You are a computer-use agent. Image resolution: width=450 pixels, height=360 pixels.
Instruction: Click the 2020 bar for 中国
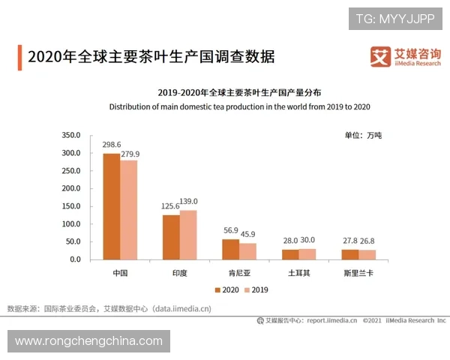point(111,206)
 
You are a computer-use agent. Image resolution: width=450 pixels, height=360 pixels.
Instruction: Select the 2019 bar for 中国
point(129,210)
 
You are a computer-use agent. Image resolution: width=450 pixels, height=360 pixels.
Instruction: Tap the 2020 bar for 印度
point(171,237)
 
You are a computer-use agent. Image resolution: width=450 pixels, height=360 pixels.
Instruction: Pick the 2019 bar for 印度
point(188,235)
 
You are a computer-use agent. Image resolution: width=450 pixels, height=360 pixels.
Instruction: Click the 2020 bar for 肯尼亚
point(230,249)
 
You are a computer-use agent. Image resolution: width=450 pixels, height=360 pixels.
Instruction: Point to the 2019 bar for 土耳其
point(307,254)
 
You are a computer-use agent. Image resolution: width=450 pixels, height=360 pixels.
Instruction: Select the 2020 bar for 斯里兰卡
point(349,254)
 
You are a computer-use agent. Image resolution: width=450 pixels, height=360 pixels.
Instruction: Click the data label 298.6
point(111,144)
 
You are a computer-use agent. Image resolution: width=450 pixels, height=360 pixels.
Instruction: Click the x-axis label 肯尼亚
point(238,272)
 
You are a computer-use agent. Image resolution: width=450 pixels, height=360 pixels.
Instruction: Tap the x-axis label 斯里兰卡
point(358,272)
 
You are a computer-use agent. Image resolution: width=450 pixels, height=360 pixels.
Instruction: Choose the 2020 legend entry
point(226,289)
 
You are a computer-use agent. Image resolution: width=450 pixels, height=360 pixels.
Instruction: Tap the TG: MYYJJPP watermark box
point(395,18)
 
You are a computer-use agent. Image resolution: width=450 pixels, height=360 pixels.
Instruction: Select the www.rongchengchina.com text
point(88,341)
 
